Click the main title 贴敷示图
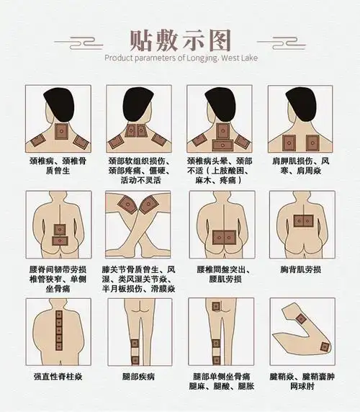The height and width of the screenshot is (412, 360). [179, 37]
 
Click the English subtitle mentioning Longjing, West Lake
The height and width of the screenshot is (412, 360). [179, 58]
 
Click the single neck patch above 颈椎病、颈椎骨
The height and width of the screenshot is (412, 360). [61, 131]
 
